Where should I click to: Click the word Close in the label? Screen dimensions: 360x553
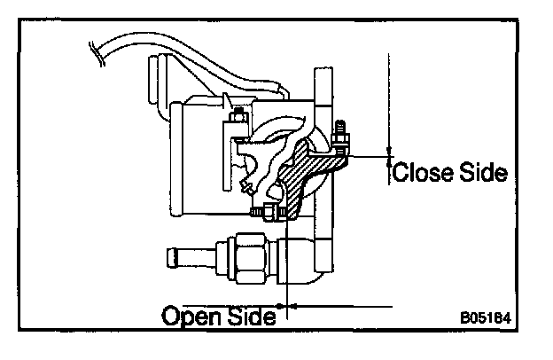click(x=420, y=171)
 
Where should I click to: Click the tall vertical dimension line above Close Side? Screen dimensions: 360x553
click(x=388, y=98)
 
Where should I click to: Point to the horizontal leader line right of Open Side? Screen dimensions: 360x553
click(x=346, y=307)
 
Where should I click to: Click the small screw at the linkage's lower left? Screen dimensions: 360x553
click(x=247, y=187)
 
